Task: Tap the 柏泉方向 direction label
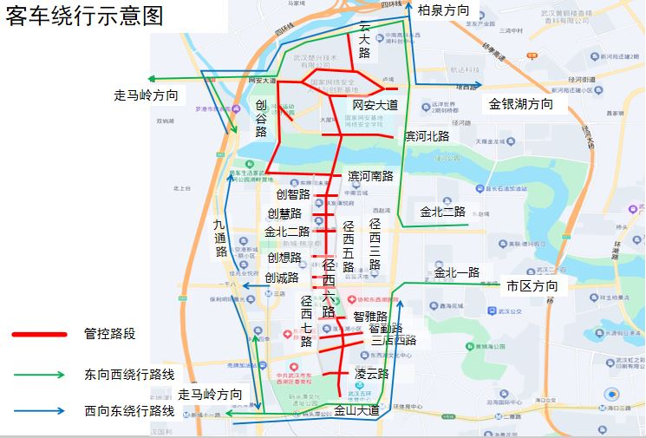click(x=444, y=10)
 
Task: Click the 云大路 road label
click(x=364, y=40)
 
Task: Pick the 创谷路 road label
click(x=261, y=118)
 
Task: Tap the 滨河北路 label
click(x=427, y=136)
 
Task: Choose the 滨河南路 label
click(x=370, y=176)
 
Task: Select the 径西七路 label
click(x=307, y=322)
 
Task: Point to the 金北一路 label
click(x=456, y=272)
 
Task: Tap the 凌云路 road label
click(x=371, y=374)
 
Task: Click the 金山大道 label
click(x=356, y=410)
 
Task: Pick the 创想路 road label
click(x=284, y=258)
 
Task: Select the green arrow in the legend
click(x=38, y=375)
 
